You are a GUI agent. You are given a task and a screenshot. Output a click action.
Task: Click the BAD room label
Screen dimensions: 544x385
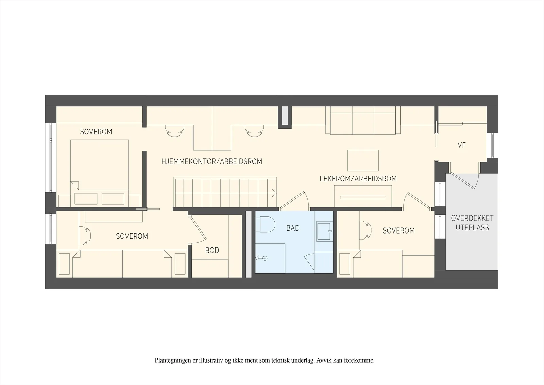[293, 228]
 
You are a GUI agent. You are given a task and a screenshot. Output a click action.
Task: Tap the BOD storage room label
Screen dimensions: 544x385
[212, 250]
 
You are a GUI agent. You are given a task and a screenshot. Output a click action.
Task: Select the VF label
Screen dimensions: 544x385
[461, 145]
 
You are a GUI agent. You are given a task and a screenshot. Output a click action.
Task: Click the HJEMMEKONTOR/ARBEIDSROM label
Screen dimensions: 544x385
[212, 161]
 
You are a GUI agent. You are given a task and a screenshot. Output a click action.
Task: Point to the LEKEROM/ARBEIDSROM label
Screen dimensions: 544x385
[358, 179]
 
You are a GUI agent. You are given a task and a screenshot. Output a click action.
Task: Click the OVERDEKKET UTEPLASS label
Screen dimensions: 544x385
[472, 223]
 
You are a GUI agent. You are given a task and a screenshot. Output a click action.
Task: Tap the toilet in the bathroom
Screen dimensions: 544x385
[265, 224]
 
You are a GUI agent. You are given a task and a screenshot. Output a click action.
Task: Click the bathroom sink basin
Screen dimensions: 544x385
[324, 231]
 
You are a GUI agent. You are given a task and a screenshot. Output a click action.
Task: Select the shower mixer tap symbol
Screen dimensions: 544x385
[261, 258]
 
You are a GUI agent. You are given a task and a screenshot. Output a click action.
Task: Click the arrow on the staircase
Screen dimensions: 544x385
[274, 193]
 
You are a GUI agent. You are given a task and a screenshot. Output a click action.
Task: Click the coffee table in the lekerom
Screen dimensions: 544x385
[363, 161]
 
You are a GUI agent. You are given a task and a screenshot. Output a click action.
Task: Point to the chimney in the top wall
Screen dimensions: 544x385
[285, 116]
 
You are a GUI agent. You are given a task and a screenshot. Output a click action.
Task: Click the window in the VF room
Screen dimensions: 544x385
[493, 145]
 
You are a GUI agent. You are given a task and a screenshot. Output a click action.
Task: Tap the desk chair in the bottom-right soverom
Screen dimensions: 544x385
[365, 230]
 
